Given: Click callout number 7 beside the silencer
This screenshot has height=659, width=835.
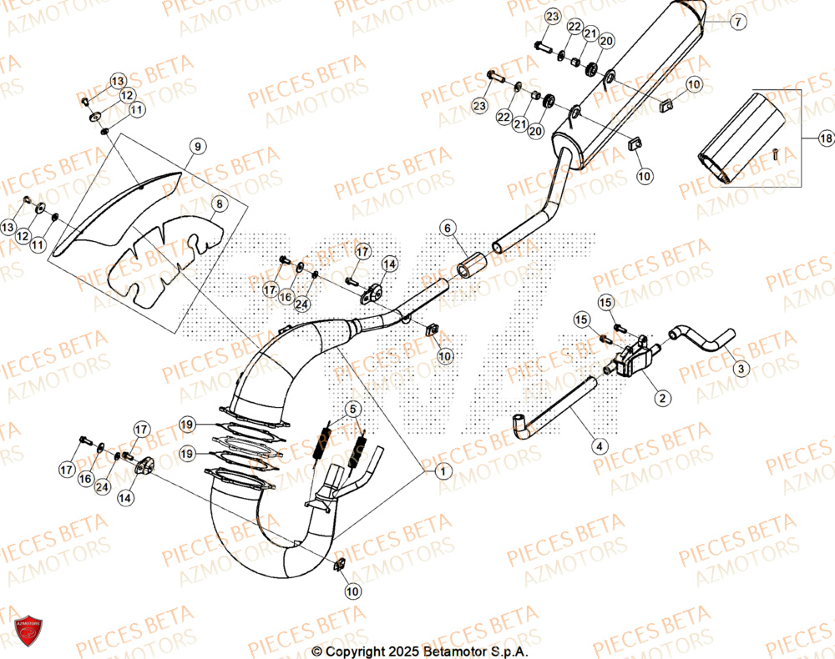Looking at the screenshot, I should coord(737,23).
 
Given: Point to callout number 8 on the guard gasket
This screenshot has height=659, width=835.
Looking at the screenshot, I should coord(217,204).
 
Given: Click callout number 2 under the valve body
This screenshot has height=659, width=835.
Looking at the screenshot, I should coord(661,399).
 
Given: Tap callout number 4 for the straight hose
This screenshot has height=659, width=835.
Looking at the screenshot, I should coord(599,446).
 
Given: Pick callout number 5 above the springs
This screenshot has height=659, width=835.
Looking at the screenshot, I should coord(353,409).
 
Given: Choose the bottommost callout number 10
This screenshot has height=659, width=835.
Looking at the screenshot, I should coord(353,591).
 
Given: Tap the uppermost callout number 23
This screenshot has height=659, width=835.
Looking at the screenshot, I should coord(552,18).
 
